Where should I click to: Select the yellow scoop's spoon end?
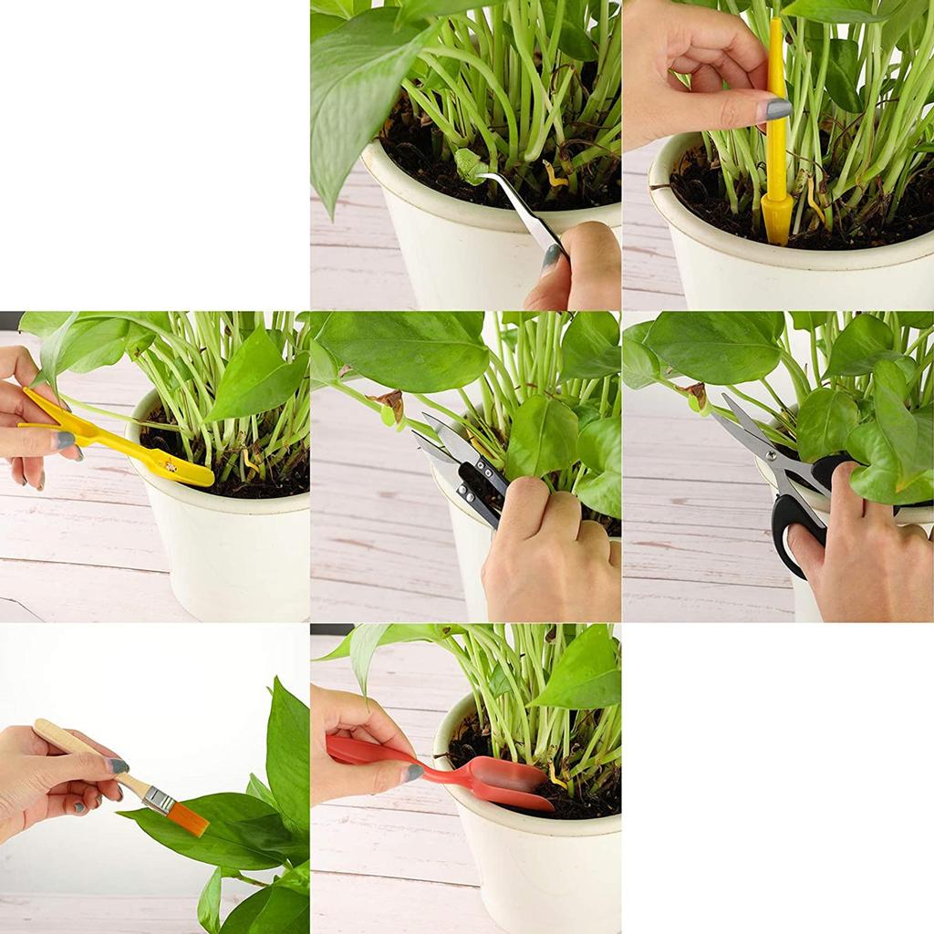tap(182, 468)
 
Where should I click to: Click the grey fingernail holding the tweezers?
tap(551, 259)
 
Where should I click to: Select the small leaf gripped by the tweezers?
tap(471, 164)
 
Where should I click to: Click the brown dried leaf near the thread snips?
tap(393, 400)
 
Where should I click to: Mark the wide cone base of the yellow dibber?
tap(777, 219)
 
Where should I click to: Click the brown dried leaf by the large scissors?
tap(698, 394)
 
